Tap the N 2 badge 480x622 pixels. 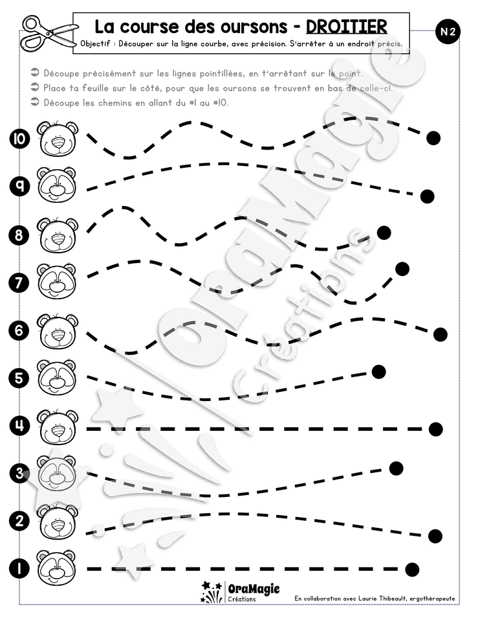[448, 32]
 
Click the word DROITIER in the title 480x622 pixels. [347, 27]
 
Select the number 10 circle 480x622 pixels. [19, 139]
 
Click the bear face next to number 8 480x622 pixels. [58, 235]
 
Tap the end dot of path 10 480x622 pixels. [433, 138]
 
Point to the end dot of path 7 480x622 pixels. [402, 268]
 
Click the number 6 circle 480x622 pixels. [19, 330]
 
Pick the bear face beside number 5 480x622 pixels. [57, 377]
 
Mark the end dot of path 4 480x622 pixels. [435, 429]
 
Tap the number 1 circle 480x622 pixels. [19, 569]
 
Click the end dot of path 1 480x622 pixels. [412, 570]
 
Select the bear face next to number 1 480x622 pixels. [57, 568]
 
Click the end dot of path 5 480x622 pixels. [378, 372]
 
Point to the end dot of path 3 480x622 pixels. [396, 468]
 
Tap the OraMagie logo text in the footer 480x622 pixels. [254, 589]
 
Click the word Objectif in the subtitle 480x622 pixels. [95, 43]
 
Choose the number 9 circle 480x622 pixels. [19, 186]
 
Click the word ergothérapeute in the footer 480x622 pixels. [433, 599]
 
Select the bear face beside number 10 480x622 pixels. [58, 139]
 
